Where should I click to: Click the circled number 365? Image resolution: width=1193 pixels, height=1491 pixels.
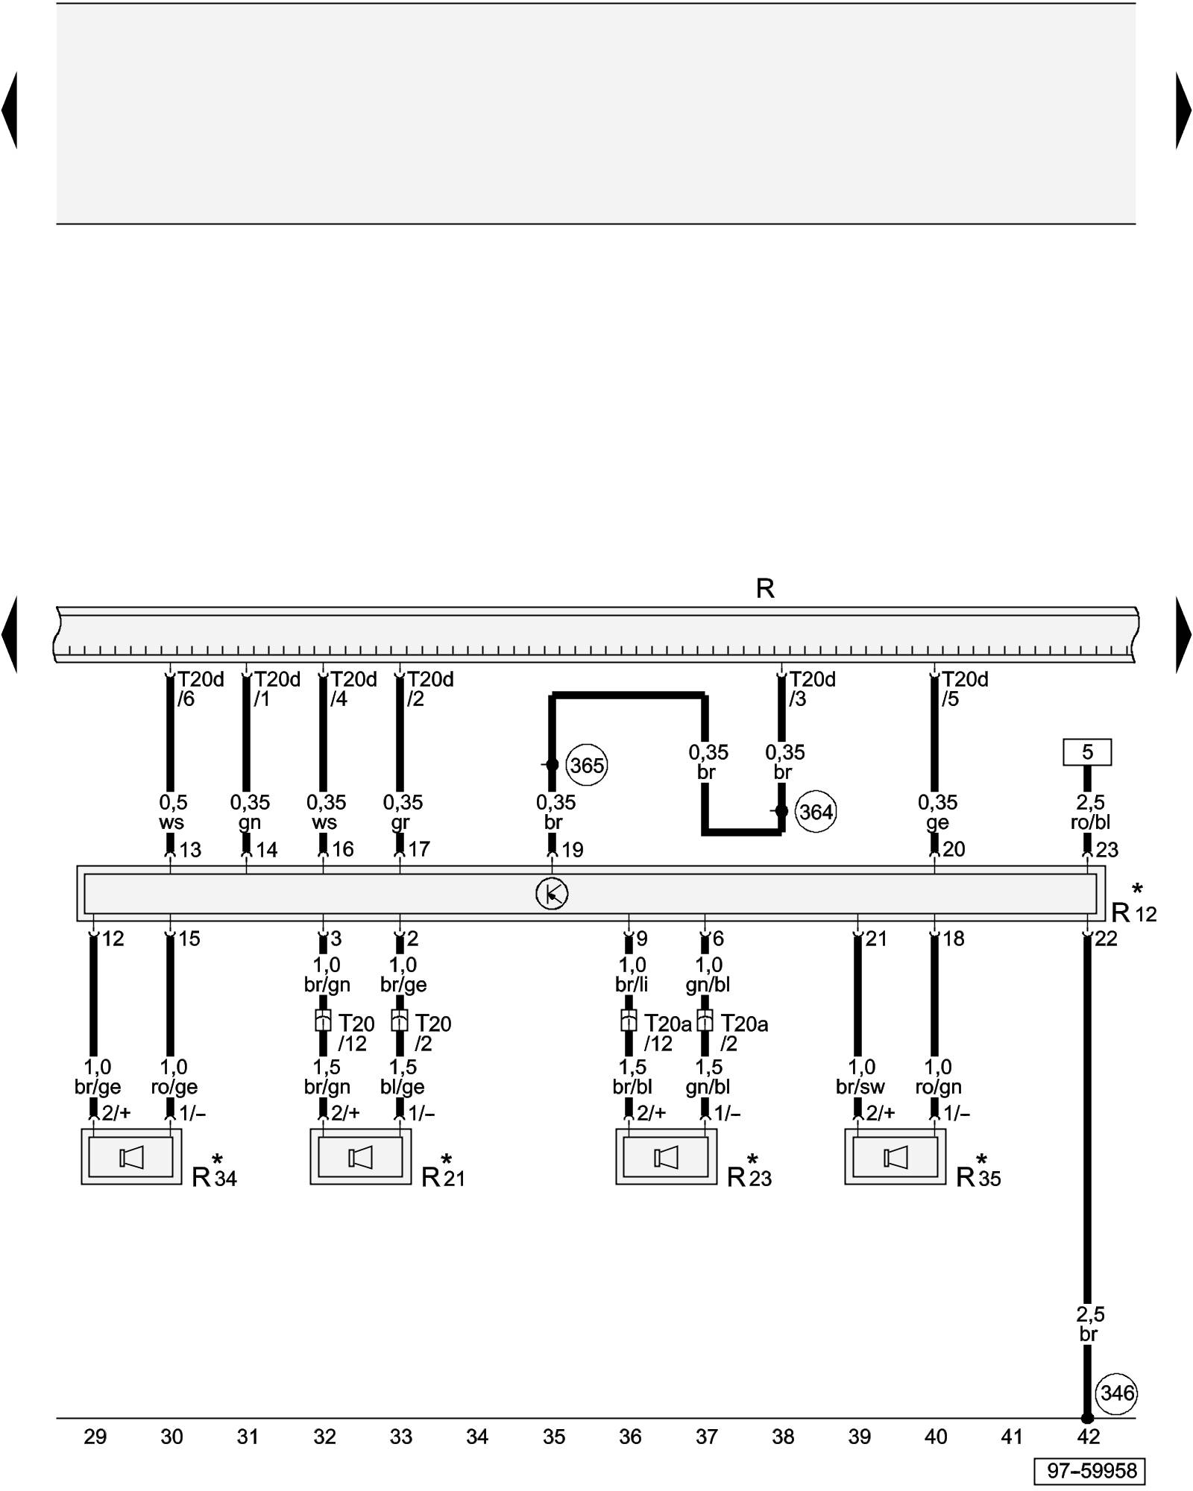588,766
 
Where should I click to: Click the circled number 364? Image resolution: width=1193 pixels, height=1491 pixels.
816,812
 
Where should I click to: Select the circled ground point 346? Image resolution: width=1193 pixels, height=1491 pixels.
1117,1393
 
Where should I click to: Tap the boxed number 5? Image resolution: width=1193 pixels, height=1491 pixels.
1087,752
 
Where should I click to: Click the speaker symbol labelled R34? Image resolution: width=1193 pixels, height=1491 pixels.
131,1158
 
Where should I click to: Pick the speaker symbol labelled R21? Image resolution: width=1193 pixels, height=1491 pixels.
360,1158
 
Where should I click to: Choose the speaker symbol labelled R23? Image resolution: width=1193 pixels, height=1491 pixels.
666,1158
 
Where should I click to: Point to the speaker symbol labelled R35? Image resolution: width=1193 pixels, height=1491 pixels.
895,1158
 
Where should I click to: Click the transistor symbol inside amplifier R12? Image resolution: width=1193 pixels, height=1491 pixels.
552,894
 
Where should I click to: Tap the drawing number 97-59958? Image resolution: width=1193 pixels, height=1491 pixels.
1089,1471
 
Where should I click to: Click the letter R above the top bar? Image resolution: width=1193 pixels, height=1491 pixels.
765,589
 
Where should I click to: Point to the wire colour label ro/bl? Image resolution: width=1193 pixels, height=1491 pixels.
1090,823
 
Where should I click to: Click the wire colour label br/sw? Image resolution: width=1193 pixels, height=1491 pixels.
860,1088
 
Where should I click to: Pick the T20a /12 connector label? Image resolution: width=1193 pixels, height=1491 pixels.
666,1033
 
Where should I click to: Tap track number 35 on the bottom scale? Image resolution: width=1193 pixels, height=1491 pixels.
554,1437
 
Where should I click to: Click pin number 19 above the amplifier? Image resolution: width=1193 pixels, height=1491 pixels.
572,850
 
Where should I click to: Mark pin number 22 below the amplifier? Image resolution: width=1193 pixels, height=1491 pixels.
1106,939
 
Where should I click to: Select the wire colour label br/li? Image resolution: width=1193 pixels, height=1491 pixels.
632,985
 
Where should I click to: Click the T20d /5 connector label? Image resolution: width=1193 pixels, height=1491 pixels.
963,689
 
